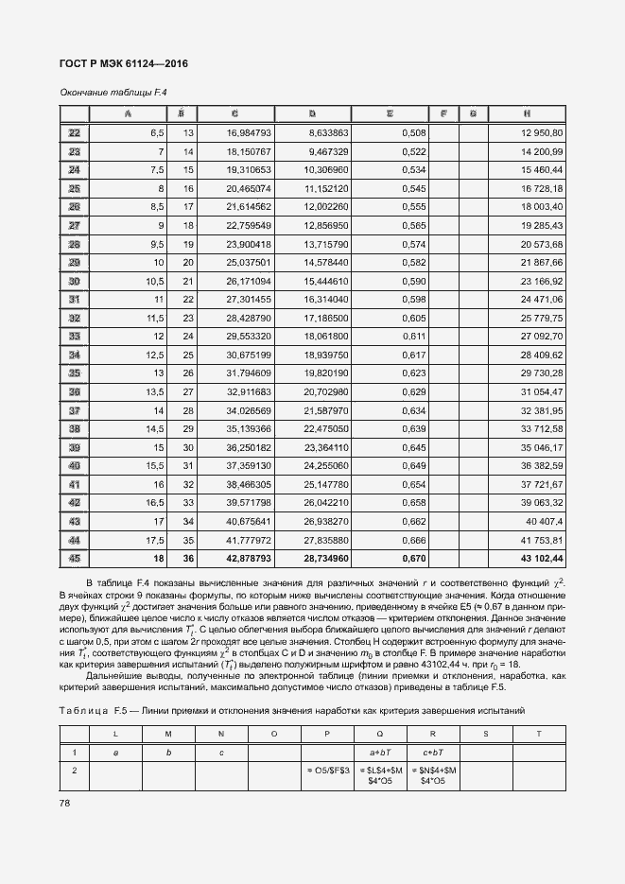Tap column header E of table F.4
click(389, 114)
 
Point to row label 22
click(74, 132)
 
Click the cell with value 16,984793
click(250, 132)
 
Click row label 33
click(74, 335)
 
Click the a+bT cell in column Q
click(379, 752)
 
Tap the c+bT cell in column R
click(432, 752)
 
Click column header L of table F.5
click(115, 733)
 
